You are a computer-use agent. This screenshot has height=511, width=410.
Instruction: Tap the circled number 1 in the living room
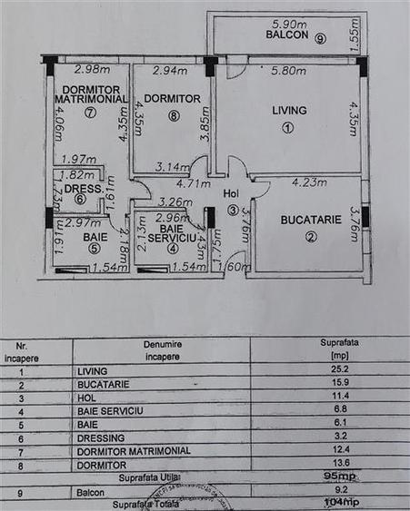[x=288, y=128]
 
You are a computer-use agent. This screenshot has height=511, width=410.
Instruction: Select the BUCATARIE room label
[x=311, y=220]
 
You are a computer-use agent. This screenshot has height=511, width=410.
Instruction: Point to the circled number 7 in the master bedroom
[x=89, y=113]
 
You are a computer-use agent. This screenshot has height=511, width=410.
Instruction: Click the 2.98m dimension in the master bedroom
[x=92, y=69]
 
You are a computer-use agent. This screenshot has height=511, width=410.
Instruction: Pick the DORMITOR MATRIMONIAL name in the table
[x=135, y=449]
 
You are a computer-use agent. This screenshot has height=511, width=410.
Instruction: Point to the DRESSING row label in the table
[x=105, y=437]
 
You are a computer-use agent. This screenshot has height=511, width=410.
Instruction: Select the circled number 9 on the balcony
[x=320, y=38]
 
